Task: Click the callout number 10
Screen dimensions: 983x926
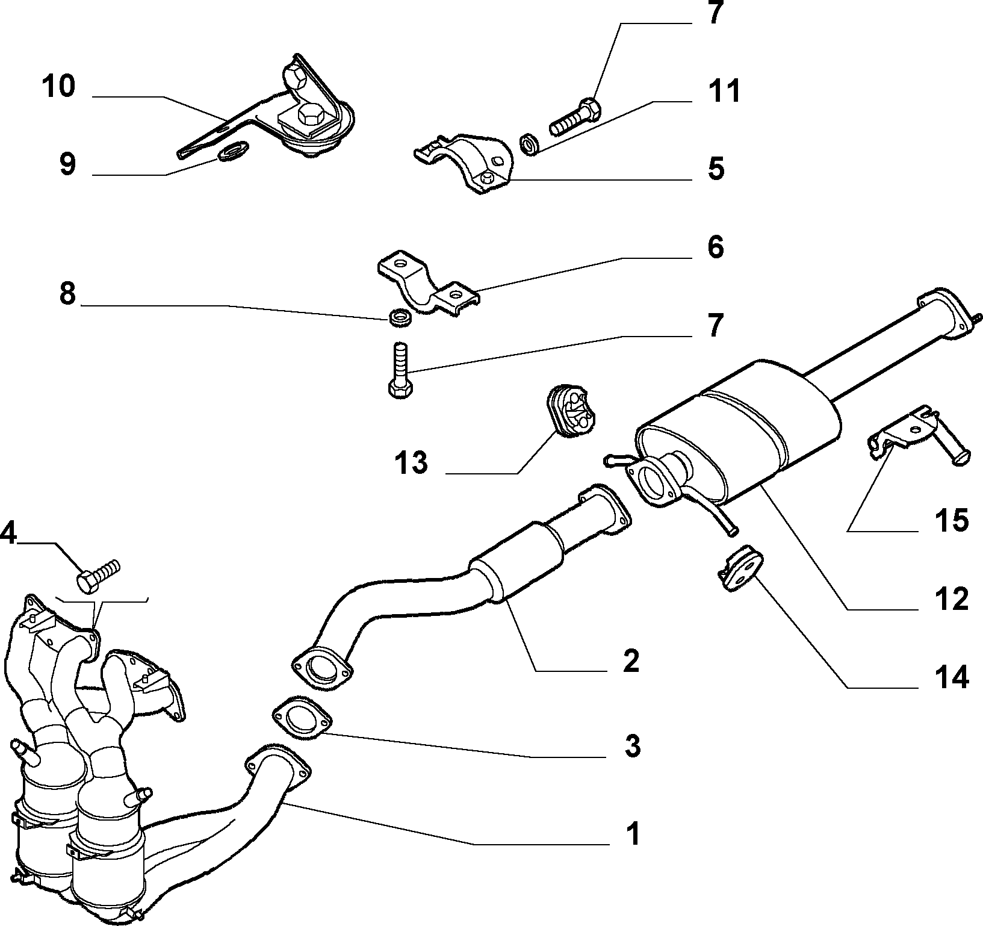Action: coord(58,86)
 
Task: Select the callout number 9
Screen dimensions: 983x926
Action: coord(67,164)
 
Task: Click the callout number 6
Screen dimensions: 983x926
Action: coord(716,247)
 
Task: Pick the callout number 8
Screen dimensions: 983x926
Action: coord(67,295)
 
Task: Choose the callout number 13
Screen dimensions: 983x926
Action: coord(411,464)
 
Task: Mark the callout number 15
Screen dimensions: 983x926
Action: coord(952,520)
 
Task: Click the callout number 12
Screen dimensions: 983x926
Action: coord(952,600)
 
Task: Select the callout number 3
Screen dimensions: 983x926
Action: coord(631,747)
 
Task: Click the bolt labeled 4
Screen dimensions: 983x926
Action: coord(99,574)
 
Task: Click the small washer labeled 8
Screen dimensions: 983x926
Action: coord(398,317)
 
